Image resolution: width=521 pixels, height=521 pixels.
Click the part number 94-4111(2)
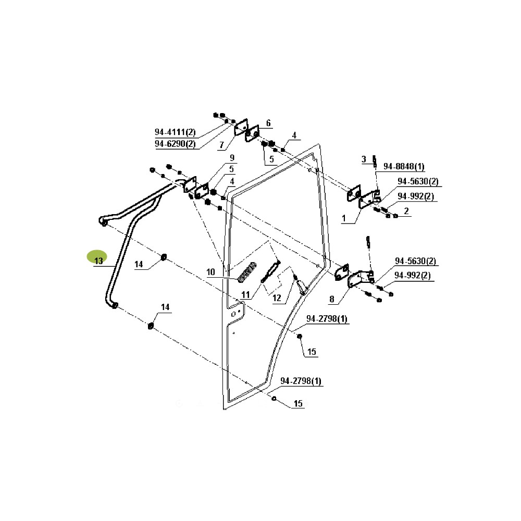pos(175,132)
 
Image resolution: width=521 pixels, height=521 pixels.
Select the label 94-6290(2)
pos(175,144)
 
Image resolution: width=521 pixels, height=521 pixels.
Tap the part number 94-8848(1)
pos(404,166)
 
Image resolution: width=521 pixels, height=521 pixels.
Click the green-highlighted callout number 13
pos(98,261)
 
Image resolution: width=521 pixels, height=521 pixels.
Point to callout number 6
pos(268,123)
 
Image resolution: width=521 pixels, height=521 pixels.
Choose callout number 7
pos(221,145)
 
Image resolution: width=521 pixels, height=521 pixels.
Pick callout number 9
pos(232,158)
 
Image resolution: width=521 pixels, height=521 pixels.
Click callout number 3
pos(364,159)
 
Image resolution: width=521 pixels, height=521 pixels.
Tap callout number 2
pos(406,211)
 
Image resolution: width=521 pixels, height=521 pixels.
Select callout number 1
pos(344,218)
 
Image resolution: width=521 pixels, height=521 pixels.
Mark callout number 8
pos(331,299)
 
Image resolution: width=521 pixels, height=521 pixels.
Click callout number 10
pos(210,272)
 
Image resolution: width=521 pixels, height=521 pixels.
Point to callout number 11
pos(245,295)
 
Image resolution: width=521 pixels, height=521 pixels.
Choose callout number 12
pos(277,298)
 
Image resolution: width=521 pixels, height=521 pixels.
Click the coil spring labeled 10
pos(247,272)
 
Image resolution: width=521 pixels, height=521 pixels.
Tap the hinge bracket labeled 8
pos(361,278)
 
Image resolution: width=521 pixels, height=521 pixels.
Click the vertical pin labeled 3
pos(375,161)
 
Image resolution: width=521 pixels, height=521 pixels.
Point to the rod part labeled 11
pos(271,271)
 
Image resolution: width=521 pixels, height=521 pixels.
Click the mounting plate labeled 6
pos(252,134)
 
